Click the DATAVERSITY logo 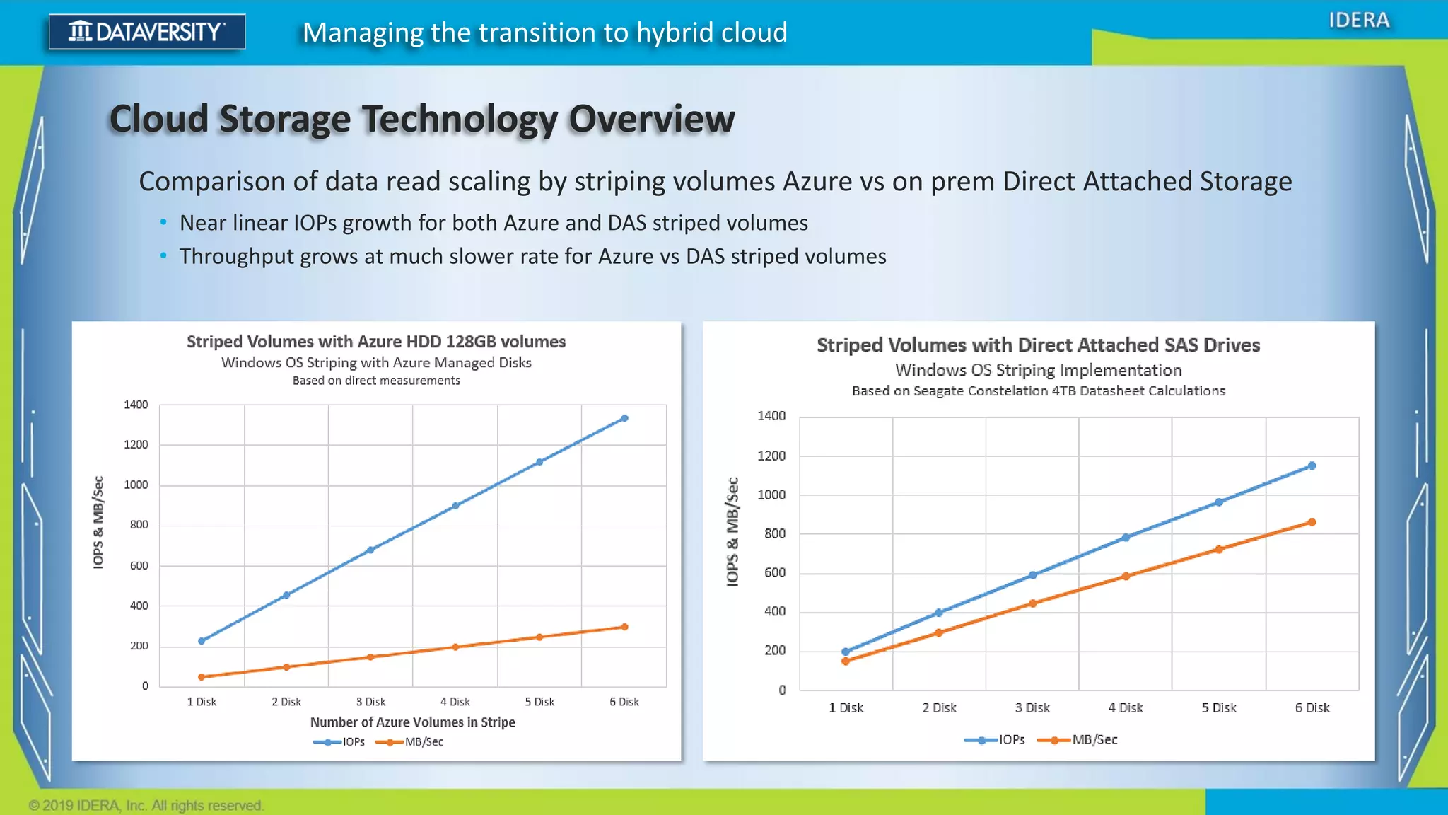coord(147,32)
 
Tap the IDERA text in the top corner coord(1358,21)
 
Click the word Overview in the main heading coord(651,119)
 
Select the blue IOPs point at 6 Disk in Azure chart coord(624,418)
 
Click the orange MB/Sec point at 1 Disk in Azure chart coord(202,677)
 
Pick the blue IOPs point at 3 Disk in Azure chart coord(370,550)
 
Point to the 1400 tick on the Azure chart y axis coord(136,405)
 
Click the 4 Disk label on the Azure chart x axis coord(455,702)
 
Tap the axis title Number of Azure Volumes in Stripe coord(412,722)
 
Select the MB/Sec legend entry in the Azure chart coord(424,742)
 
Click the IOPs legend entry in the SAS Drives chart coord(1011,740)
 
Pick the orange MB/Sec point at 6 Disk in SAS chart coord(1312,522)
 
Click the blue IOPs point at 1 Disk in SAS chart coord(846,652)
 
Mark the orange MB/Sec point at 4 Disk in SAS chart coord(1126,577)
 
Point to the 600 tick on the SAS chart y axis coord(774,572)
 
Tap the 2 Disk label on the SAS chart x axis coord(939,708)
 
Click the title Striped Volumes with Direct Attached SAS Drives coord(1038,345)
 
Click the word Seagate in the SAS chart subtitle coord(937,391)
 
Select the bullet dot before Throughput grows coord(163,255)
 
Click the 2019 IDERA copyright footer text coord(146,805)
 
